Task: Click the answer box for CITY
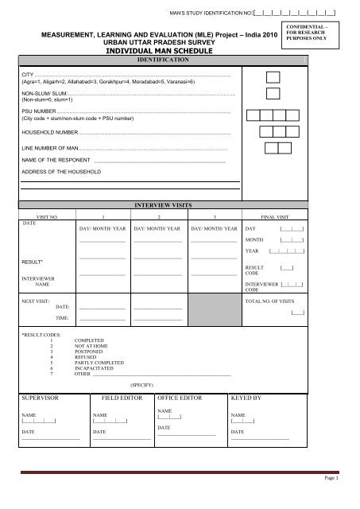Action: click(x=273, y=76)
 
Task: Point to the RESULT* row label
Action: click(x=32, y=262)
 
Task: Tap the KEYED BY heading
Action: click(x=246, y=396)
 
